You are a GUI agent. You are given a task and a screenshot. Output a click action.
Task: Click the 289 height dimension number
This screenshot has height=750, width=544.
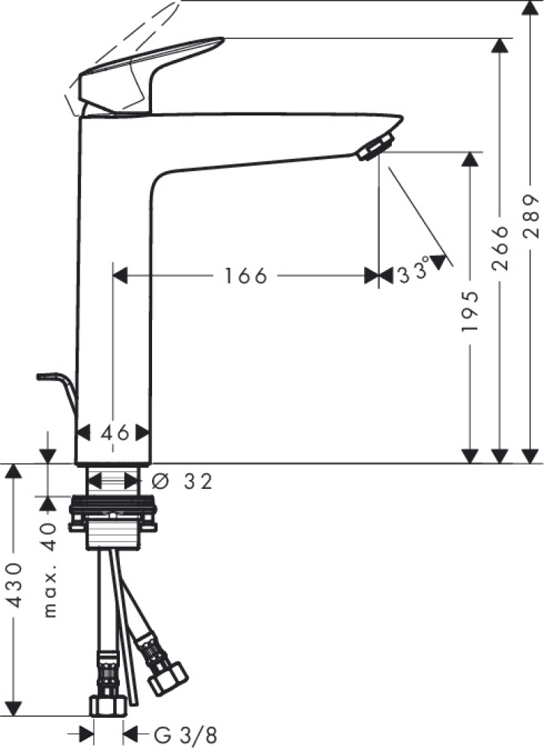pyautogui.click(x=531, y=218)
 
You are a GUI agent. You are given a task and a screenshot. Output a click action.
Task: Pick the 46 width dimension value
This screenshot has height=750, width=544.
pyautogui.click(x=114, y=432)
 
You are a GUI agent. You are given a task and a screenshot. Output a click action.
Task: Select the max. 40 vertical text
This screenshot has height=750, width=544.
pyautogui.click(x=51, y=568)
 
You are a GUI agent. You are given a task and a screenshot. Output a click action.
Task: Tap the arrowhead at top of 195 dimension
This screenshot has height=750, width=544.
pyautogui.click(x=470, y=158)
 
